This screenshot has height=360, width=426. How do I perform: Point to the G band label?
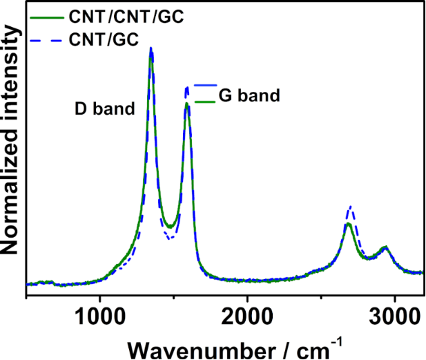point(249,95)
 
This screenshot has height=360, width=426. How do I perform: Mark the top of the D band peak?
point(151,50)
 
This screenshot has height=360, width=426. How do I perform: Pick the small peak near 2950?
point(385,247)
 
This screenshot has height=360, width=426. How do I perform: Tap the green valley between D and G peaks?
point(168,225)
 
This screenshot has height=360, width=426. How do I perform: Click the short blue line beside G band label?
point(205,85)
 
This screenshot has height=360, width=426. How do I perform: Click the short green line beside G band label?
point(205,102)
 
